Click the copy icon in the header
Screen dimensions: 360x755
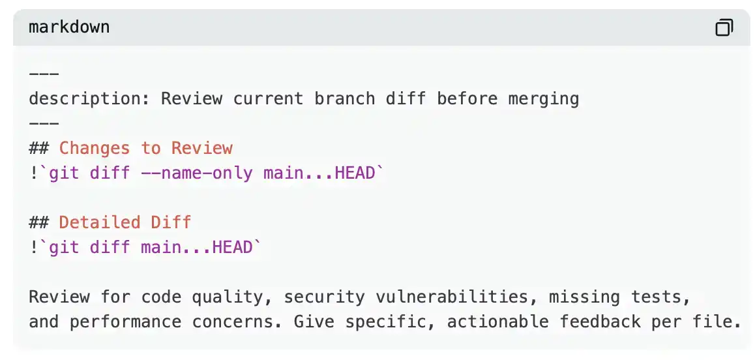[x=724, y=27]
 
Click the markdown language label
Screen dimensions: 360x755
[x=69, y=27]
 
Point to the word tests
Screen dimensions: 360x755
[x=660, y=297]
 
